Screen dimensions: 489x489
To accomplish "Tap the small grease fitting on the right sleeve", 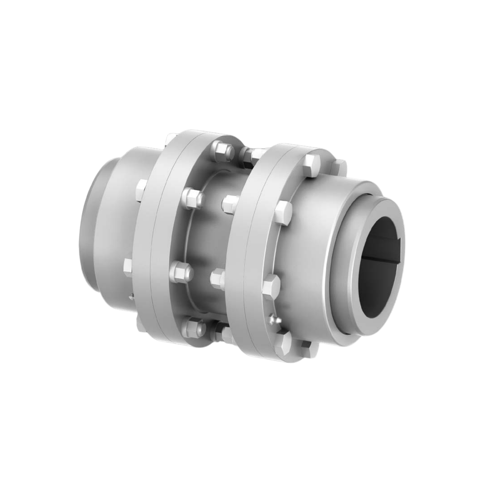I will click(x=273, y=320).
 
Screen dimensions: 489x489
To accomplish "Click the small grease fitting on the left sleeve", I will click(x=131, y=297).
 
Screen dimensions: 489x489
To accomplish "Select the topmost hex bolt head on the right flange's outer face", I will click(x=312, y=165).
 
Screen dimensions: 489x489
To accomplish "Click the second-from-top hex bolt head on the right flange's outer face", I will click(x=283, y=212).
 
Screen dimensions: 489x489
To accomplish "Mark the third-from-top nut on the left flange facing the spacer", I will click(x=182, y=272).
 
